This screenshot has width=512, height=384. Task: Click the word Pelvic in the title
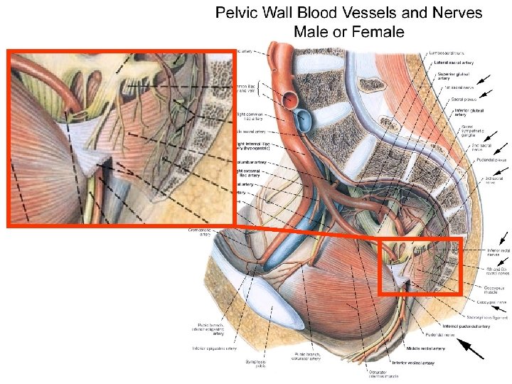238,14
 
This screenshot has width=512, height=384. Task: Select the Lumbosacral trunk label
449,52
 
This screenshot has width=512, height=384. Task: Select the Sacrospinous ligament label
473,316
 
